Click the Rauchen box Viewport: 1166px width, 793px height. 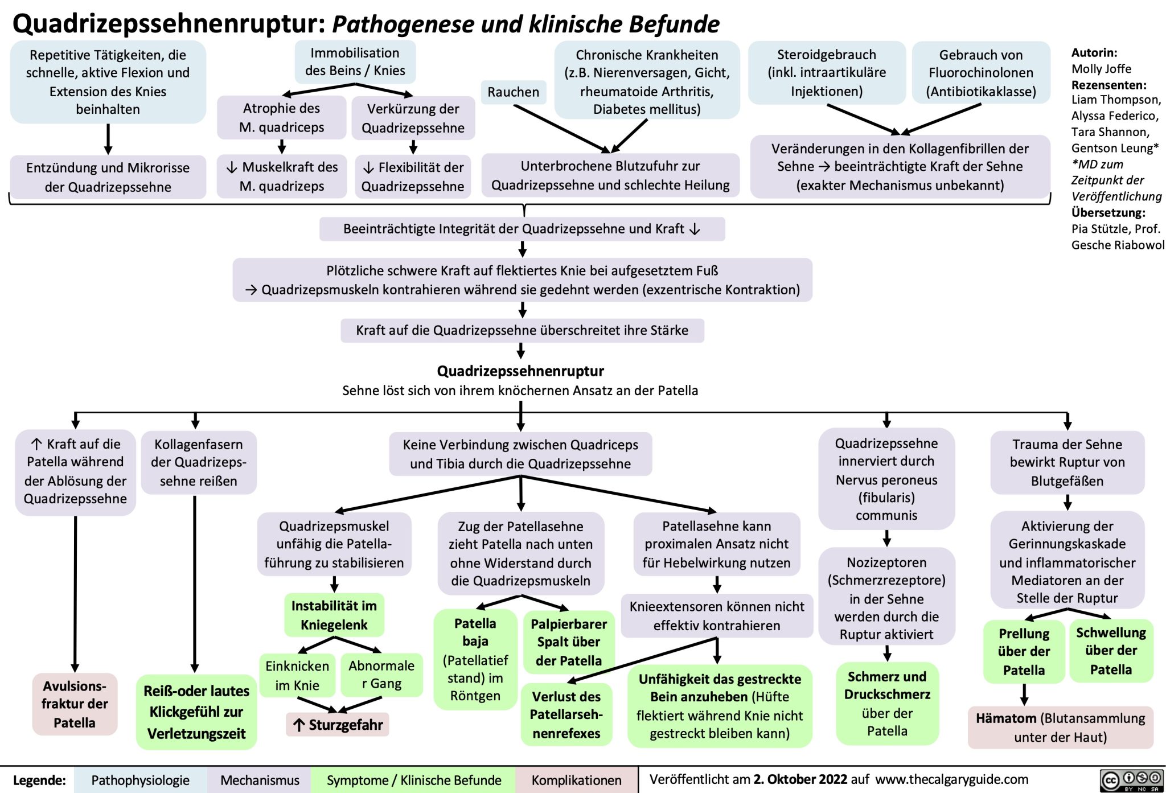pyautogui.click(x=513, y=92)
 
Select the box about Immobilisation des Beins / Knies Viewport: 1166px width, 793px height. pyautogui.click(x=355, y=61)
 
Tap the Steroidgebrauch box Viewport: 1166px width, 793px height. pyautogui.click(x=826, y=72)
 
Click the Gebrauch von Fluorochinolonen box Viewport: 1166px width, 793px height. pyautogui.click(x=980, y=72)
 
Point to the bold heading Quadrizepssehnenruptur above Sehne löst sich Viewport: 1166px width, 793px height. pyautogui.click(x=520, y=371)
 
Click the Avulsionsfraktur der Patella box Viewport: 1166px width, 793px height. pyautogui.click(x=75, y=704)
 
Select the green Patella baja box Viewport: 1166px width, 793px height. pyautogui.click(x=475, y=659)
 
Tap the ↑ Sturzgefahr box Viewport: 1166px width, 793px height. pyautogui.click(x=338, y=725)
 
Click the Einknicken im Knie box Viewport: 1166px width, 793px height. pyautogui.click(x=297, y=675)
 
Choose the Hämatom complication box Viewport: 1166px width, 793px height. pyautogui.click(x=1060, y=727)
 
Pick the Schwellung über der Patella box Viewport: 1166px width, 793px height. pyautogui.click(x=1110, y=650)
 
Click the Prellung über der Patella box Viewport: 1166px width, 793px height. pyautogui.click(x=1023, y=651)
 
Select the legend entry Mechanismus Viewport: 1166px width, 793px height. pyautogui.click(x=260, y=780)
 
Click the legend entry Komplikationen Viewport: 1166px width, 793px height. pyautogui.click(x=576, y=780)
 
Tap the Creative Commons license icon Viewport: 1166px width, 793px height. pyautogui.click(x=1131, y=780)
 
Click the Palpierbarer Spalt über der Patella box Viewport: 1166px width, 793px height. pyautogui.click(x=568, y=642)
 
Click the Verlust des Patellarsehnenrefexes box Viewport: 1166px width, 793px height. pyautogui.click(x=566, y=714)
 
